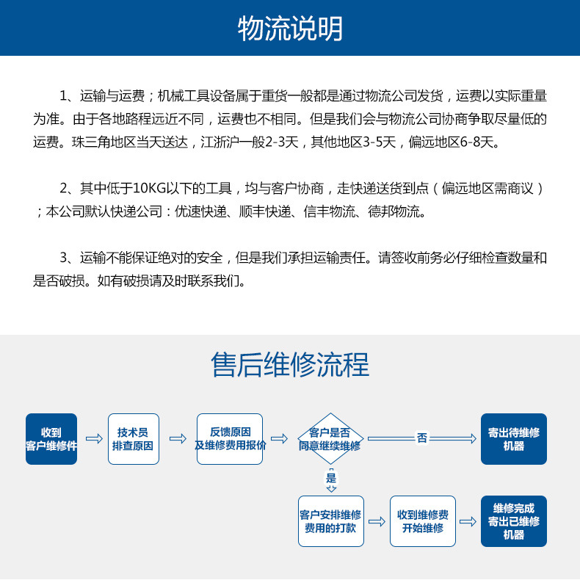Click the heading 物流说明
(x=290, y=29)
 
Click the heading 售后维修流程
(x=290, y=364)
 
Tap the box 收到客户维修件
(x=51, y=439)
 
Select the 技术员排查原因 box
(x=133, y=439)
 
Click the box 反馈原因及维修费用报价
(x=230, y=439)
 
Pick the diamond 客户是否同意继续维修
(x=330, y=439)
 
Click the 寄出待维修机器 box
(x=514, y=439)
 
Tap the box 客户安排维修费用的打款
(x=331, y=521)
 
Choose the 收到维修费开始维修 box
(x=423, y=521)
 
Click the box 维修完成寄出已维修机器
(x=514, y=521)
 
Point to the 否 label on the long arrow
(x=422, y=438)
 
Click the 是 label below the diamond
(x=331, y=479)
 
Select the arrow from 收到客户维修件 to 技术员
(x=93, y=438)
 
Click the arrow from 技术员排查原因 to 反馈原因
(x=178, y=438)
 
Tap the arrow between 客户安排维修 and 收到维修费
(x=377, y=521)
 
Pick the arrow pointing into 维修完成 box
(x=468, y=521)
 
